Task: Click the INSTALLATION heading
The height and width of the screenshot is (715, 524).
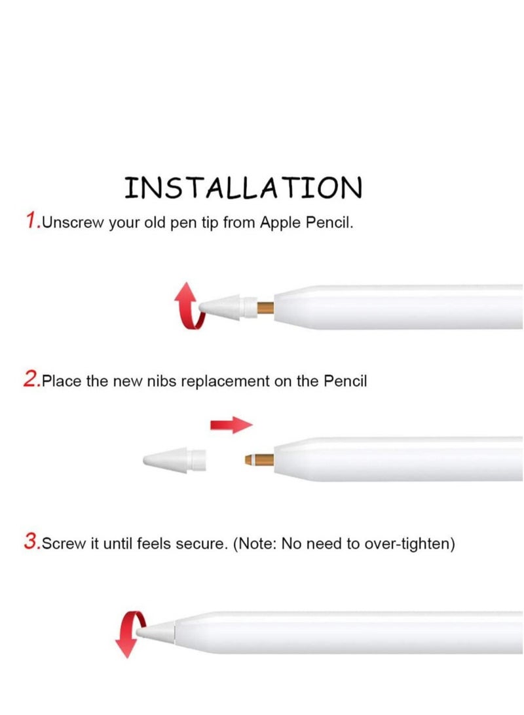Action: coord(243,187)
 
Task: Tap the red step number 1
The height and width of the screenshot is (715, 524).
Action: coord(32,221)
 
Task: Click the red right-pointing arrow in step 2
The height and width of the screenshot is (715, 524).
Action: coord(231,425)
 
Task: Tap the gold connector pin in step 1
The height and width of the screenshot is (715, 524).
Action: coord(265,307)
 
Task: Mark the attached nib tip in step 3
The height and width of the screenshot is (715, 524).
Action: coord(156,630)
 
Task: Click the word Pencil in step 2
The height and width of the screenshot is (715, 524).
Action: coord(346,381)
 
